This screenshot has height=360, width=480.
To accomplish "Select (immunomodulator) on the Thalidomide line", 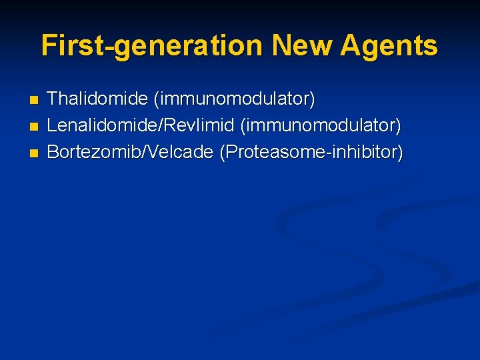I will point(235,99).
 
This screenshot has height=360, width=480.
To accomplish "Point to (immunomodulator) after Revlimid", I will point(321,126).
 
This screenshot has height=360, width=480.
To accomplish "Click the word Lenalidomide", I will point(101,126).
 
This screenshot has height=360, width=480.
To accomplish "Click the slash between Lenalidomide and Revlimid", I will point(158,126).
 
